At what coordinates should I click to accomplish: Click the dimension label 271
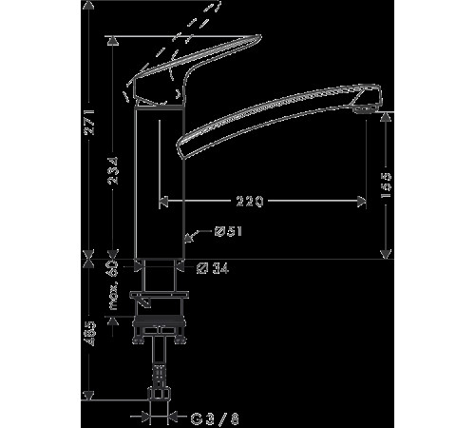(88, 122)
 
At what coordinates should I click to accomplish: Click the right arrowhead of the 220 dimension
(363, 201)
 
